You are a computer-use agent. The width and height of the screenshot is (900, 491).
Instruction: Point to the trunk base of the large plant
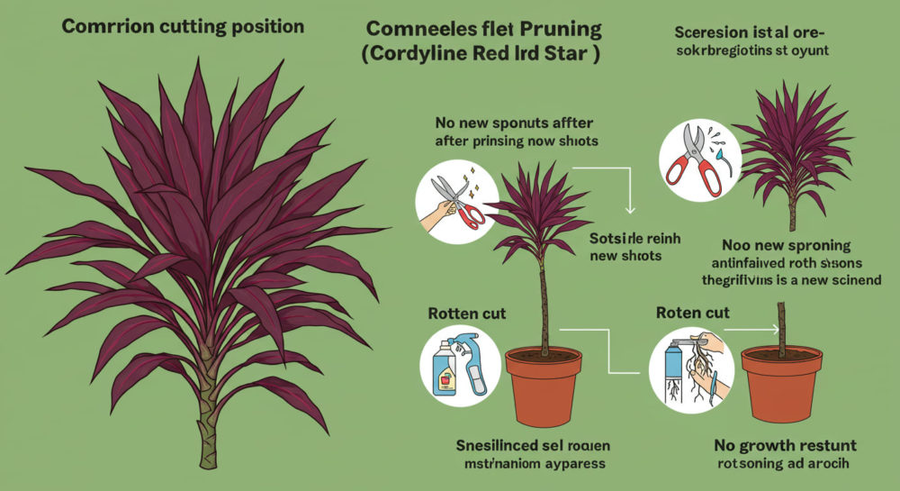click(x=208, y=432)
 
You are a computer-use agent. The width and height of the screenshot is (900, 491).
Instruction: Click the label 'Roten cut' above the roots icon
click(x=692, y=314)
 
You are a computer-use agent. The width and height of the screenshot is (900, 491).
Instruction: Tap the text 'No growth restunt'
click(x=785, y=445)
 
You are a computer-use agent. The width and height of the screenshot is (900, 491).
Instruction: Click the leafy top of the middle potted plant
click(x=540, y=216)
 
